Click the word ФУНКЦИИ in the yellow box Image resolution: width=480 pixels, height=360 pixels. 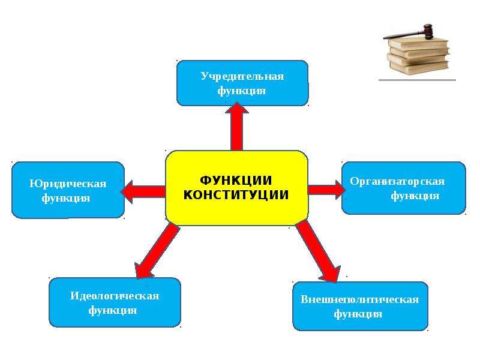236,180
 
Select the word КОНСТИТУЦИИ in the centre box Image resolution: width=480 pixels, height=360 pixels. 236,195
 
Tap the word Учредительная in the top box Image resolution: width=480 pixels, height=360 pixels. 242,76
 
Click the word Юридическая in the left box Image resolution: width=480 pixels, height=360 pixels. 68,184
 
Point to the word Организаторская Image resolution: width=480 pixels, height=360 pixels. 397,182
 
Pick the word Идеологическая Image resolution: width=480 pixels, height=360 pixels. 115,296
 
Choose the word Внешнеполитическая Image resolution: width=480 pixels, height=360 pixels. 359,299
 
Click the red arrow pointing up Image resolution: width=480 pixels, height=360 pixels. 237,127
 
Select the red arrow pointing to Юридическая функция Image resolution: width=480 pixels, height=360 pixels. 143,191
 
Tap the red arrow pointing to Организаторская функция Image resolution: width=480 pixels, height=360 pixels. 326,190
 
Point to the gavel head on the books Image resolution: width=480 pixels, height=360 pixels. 427,31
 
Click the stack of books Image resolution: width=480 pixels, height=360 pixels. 418,55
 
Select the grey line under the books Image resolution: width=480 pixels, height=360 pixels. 417,80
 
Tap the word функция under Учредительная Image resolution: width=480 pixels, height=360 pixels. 242,91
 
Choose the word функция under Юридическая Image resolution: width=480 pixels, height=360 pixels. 66,199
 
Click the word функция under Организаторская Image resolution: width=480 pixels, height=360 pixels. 415,196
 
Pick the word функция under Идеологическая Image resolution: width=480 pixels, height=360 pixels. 112,311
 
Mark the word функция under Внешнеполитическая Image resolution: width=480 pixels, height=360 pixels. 358,314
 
